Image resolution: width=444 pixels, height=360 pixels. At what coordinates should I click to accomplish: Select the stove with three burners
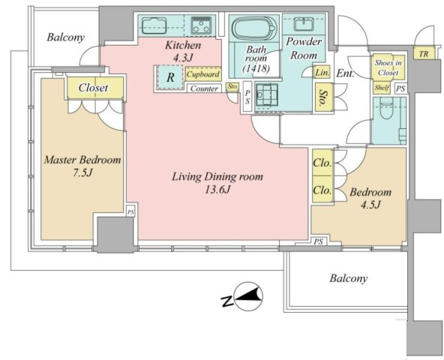[x=201, y=25]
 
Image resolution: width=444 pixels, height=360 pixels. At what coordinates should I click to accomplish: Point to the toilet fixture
[x=389, y=111]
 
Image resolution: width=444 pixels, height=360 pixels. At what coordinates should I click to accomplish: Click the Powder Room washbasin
[x=304, y=24]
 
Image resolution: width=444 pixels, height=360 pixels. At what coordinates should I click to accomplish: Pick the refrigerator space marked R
[x=170, y=77]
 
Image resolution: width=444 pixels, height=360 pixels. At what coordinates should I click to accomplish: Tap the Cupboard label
[x=203, y=74]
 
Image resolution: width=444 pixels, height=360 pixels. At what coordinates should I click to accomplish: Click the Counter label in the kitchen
[x=204, y=88]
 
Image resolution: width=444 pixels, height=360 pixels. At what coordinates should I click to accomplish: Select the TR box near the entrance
[x=424, y=53]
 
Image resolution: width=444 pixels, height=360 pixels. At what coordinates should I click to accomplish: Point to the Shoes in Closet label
[x=388, y=67]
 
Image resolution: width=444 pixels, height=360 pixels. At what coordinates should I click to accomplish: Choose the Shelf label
[x=382, y=88]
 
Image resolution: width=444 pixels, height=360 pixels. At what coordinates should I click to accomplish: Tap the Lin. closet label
[x=322, y=73]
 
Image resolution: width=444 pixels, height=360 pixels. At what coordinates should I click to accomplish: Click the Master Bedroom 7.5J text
[x=82, y=166]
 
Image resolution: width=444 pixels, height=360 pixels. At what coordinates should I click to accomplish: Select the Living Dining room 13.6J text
[x=217, y=183]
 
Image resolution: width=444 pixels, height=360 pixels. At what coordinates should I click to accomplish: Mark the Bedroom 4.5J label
[x=370, y=198]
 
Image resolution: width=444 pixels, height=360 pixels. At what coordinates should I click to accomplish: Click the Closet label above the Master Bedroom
[x=93, y=88]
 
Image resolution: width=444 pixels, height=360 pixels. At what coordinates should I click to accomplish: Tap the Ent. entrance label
[x=345, y=73]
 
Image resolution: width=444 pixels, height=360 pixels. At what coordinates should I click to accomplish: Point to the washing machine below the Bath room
[x=266, y=94]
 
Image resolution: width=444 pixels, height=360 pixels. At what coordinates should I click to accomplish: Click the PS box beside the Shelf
[x=400, y=88]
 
